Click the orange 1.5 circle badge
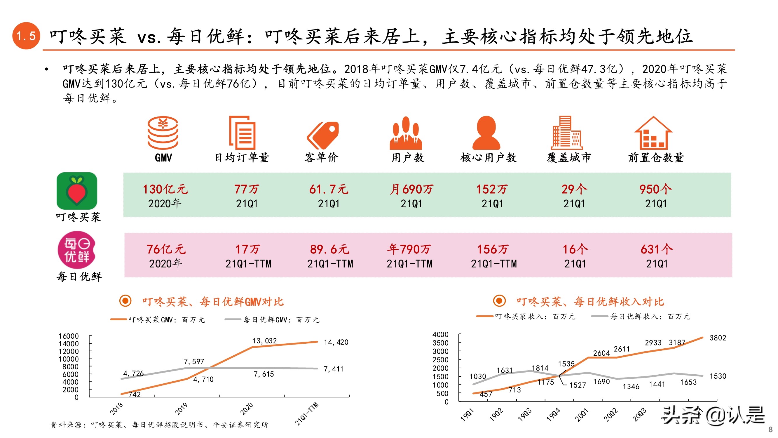(x=26, y=36)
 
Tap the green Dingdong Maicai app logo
(x=77, y=191)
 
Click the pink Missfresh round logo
(x=77, y=250)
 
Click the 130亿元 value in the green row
(x=165, y=189)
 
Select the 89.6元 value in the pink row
(x=329, y=249)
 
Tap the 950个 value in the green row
(x=655, y=189)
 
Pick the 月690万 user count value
(x=411, y=189)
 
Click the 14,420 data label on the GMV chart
(x=336, y=342)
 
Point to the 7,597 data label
(x=194, y=361)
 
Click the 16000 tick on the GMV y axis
(x=69, y=336)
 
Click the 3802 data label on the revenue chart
(x=718, y=338)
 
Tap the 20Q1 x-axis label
(x=582, y=414)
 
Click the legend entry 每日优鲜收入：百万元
(x=650, y=317)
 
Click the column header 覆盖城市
(x=568, y=157)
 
